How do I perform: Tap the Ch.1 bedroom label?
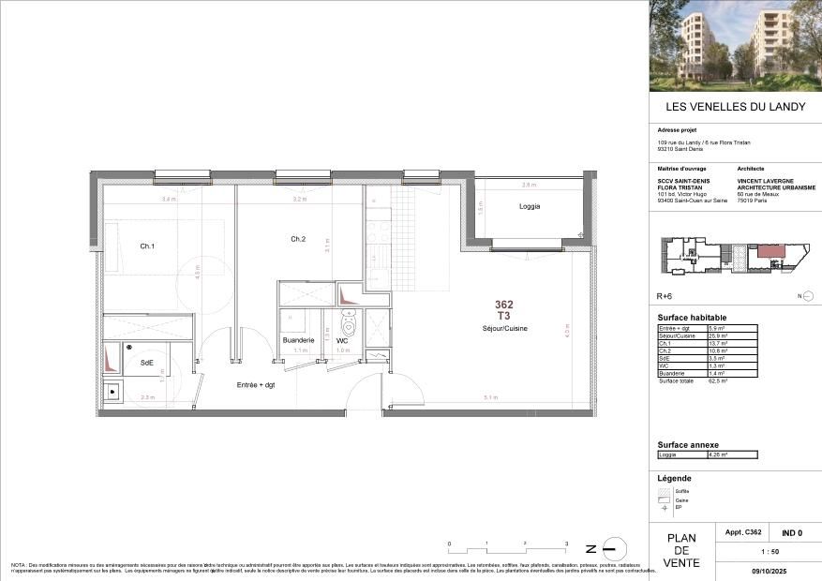(x=147, y=246)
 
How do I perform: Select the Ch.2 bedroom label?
(x=298, y=239)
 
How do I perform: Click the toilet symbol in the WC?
(x=350, y=326)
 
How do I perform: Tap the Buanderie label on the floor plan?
(x=298, y=340)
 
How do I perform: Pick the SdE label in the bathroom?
(x=147, y=362)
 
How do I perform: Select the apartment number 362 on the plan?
(x=504, y=305)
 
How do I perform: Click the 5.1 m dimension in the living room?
(x=490, y=396)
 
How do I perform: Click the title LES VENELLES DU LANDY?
(x=735, y=107)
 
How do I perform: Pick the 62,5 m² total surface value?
(x=719, y=381)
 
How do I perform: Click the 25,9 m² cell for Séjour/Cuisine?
(x=719, y=335)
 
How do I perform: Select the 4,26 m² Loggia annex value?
(x=719, y=454)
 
